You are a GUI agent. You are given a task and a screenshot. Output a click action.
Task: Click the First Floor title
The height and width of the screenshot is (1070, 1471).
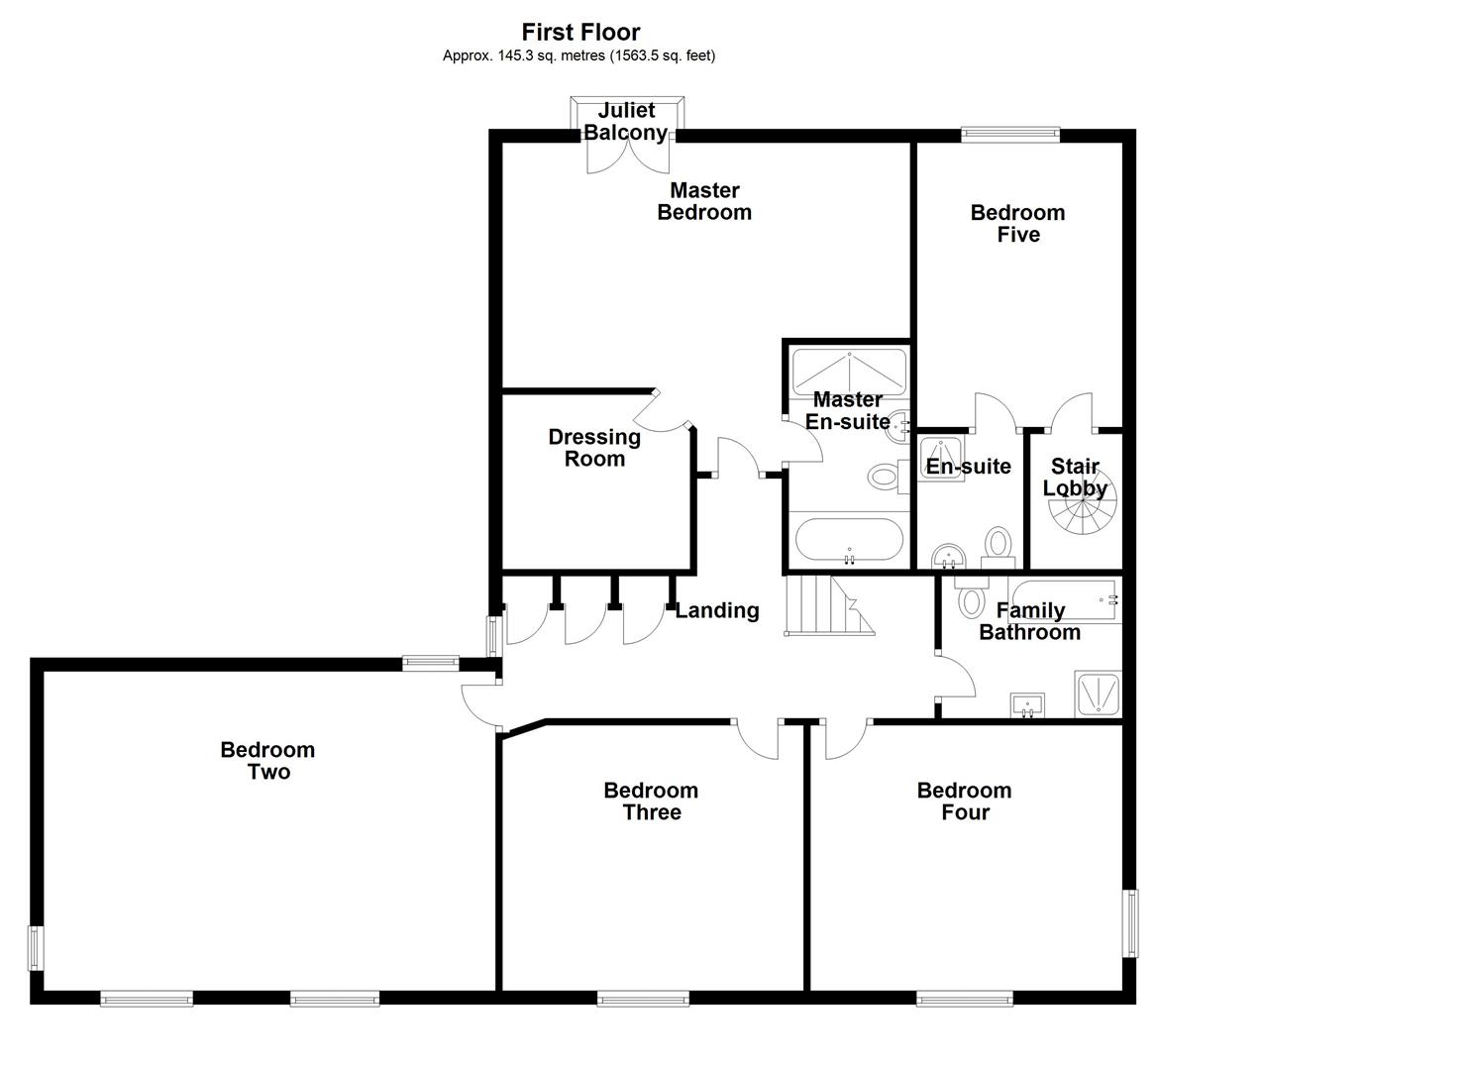coord(580,32)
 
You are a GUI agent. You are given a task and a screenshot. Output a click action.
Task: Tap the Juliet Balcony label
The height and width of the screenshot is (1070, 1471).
coord(625,122)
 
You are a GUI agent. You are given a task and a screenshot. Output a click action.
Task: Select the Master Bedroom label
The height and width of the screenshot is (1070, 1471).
coord(704,201)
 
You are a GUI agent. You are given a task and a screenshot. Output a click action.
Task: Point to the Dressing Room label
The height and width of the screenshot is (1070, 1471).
coord(594,448)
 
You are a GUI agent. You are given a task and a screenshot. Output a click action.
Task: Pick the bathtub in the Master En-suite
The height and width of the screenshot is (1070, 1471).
coord(849,541)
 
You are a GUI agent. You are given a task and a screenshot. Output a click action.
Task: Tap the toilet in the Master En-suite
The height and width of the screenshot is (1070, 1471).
coord(884,478)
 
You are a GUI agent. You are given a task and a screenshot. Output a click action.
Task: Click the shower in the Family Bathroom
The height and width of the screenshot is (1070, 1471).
coord(1098,694)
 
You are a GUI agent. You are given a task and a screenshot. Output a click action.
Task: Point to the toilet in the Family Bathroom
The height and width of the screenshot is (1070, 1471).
coord(970,597)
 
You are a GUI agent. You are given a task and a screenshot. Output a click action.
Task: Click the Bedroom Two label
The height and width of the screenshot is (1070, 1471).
coord(267,761)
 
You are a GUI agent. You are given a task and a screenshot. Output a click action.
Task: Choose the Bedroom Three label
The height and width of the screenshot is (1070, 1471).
coord(651,802)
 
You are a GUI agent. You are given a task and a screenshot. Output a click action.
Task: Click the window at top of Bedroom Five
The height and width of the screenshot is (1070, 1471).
coord(1010,135)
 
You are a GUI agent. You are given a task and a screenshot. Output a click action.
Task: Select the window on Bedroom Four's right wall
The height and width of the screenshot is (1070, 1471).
coord(1129,922)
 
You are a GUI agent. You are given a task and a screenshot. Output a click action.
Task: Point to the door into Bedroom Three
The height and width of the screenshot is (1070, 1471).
coord(759,740)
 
